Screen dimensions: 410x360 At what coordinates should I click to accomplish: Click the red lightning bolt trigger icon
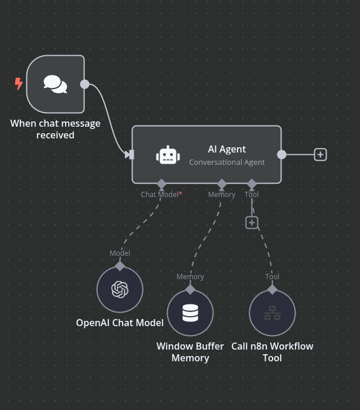pyautogui.click(x=19, y=84)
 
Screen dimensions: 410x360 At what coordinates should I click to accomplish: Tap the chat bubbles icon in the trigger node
pyautogui.click(x=55, y=84)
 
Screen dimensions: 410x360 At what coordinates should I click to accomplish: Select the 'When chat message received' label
pyautogui.click(x=55, y=129)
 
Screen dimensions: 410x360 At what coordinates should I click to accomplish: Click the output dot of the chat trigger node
pyautogui.click(x=84, y=84)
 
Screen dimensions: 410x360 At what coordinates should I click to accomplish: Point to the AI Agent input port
pyautogui.click(x=130, y=154)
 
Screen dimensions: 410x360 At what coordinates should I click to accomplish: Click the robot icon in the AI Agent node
pyautogui.click(x=168, y=155)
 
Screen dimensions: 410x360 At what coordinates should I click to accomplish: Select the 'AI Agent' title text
pyautogui.click(x=227, y=150)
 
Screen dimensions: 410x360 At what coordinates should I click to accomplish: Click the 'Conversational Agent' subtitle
pyautogui.click(x=227, y=162)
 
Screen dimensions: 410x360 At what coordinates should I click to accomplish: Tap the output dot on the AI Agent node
pyautogui.click(x=281, y=154)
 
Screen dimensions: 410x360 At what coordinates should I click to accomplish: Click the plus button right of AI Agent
pyautogui.click(x=320, y=154)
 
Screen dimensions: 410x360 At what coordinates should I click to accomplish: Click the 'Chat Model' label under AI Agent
pyautogui.click(x=159, y=194)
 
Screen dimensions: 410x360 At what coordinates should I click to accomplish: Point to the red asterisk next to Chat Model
pyautogui.click(x=181, y=194)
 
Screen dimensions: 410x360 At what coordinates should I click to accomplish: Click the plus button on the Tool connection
pyautogui.click(x=252, y=223)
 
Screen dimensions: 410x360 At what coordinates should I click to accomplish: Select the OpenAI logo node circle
pyautogui.click(x=120, y=289)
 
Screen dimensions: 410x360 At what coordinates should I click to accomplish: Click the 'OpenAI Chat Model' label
pyautogui.click(x=120, y=323)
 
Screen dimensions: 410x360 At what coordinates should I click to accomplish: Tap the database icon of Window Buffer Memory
pyautogui.click(x=190, y=313)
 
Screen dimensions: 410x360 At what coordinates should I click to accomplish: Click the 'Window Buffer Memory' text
pyautogui.click(x=190, y=352)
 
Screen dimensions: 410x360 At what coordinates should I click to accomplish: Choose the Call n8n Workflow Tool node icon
pyautogui.click(x=272, y=313)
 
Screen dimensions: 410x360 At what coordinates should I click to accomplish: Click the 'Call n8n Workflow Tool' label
pyautogui.click(x=272, y=352)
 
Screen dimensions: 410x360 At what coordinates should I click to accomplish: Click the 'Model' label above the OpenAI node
pyautogui.click(x=120, y=253)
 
